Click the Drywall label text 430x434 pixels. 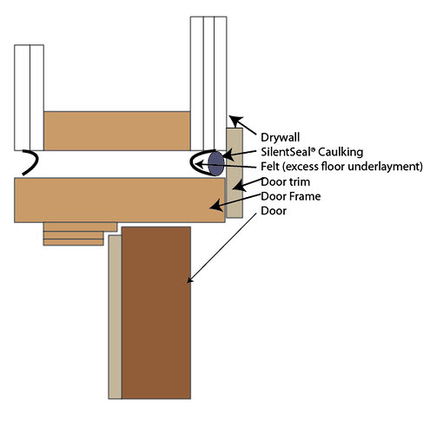[280, 138]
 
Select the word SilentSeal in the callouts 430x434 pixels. [286, 152]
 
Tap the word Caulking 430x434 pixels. [340, 152]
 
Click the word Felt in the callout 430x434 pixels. [270, 167]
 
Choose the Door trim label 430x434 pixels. [286, 181]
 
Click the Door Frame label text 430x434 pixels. [291, 196]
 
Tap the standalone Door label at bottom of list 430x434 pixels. [274, 211]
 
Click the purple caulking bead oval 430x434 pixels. [216, 163]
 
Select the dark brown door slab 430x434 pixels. [156, 312]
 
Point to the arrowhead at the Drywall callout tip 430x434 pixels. [235, 120]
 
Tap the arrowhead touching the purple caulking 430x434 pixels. [228, 155]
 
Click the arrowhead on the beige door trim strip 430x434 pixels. [239, 186]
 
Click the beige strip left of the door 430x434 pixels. [115, 317]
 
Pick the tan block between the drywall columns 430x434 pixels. [117, 131]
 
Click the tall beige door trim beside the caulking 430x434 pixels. [235, 173]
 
